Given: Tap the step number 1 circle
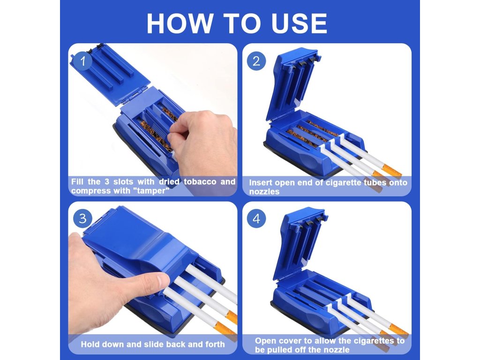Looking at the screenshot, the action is pyautogui.click(x=82, y=61).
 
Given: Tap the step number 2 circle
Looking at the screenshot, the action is pyautogui.click(x=256, y=61).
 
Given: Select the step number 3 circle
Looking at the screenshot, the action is pyautogui.click(x=82, y=218).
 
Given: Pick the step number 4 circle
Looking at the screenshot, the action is pyautogui.click(x=256, y=218).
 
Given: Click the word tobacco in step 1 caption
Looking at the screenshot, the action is pyautogui.click(x=200, y=181).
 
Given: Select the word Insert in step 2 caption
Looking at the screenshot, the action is pyautogui.click(x=260, y=182).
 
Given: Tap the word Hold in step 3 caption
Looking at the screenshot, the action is pyautogui.click(x=90, y=344).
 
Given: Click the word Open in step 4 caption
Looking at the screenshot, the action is pyautogui.click(x=266, y=341).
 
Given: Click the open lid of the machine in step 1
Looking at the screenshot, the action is pyautogui.click(x=110, y=75).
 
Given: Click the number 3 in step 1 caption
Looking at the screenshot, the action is pyautogui.click(x=106, y=181).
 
